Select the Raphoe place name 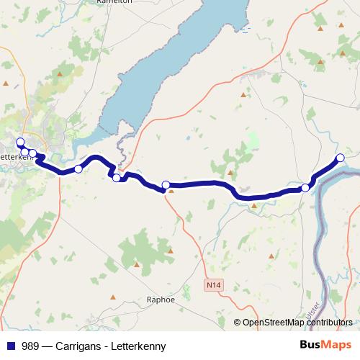[161, 300]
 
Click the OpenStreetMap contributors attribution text [297, 323]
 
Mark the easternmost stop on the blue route [341, 158]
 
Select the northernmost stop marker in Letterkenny [20, 142]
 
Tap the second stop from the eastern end [305, 188]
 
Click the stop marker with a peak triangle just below [166, 185]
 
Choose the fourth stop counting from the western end [78, 169]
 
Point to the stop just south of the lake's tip [117, 177]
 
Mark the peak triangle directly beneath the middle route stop [171, 193]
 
